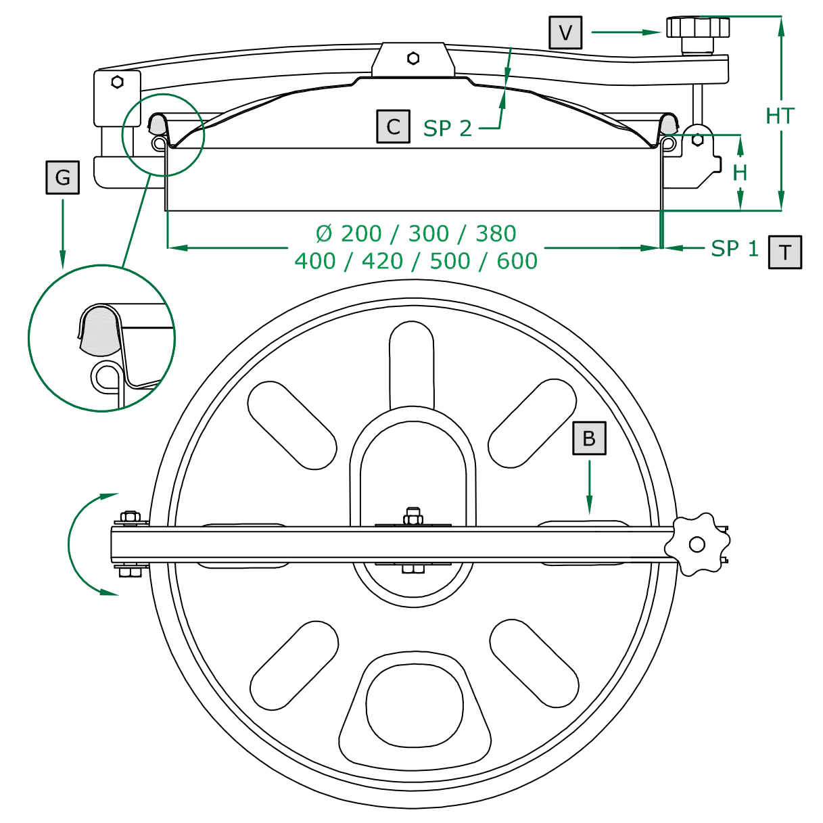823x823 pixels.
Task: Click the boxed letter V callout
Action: [x=565, y=32]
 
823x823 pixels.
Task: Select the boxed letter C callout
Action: [x=393, y=126]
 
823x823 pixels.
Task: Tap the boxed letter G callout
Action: [x=63, y=178]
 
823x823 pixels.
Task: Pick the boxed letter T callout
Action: [x=784, y=252]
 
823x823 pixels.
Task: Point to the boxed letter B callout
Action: [x=589, y=438]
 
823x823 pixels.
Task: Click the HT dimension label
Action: [x=779, y=116]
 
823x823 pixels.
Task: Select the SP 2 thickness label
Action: [x=447, y=128]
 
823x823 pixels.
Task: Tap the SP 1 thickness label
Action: [x=734, y=249]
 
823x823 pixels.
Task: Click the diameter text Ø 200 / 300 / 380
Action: [x=416, y=234]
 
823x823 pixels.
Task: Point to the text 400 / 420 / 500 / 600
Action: [x=416, y=261]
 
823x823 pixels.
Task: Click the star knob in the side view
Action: [x=698, y=28]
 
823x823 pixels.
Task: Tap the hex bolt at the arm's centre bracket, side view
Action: [x=413, y=58]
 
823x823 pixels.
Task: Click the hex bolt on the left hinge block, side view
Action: [x=117, y=82]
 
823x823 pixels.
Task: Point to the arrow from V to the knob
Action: [x=626, y=32]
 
